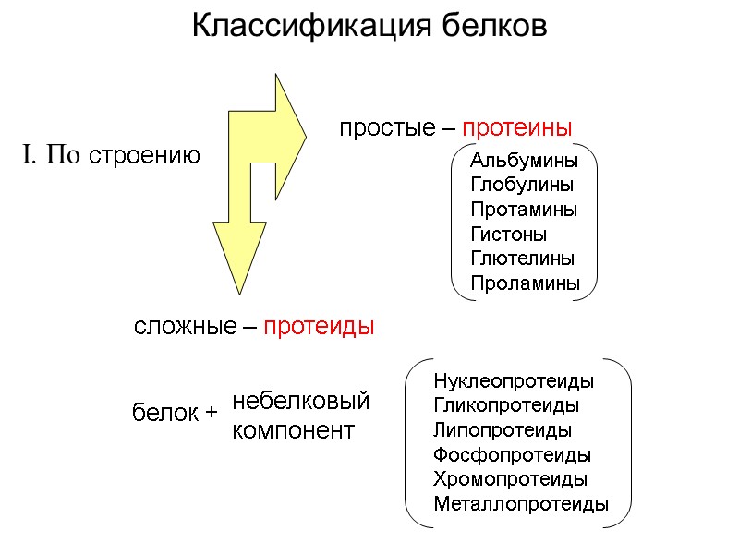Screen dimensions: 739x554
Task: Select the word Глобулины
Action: [522, 185]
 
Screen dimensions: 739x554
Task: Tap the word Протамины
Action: [524, 210]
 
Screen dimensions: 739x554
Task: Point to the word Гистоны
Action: [508, 235]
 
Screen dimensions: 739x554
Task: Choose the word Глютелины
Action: [522, 259]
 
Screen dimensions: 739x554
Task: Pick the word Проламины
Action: [526, 283]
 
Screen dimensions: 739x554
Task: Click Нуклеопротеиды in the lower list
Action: [514, 381]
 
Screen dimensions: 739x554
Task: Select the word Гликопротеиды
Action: [506, 405]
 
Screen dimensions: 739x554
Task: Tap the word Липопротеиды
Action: [502, 430]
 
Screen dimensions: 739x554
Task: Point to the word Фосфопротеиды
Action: [512, 455]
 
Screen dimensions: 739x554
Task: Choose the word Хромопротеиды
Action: [510, 479]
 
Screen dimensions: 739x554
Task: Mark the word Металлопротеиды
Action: [521, 504]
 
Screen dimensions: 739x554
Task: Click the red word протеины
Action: [517, 126]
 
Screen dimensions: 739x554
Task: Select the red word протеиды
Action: [319, 327]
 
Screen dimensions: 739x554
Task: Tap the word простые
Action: [382, 126]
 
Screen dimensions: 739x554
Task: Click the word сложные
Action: [185, 327]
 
